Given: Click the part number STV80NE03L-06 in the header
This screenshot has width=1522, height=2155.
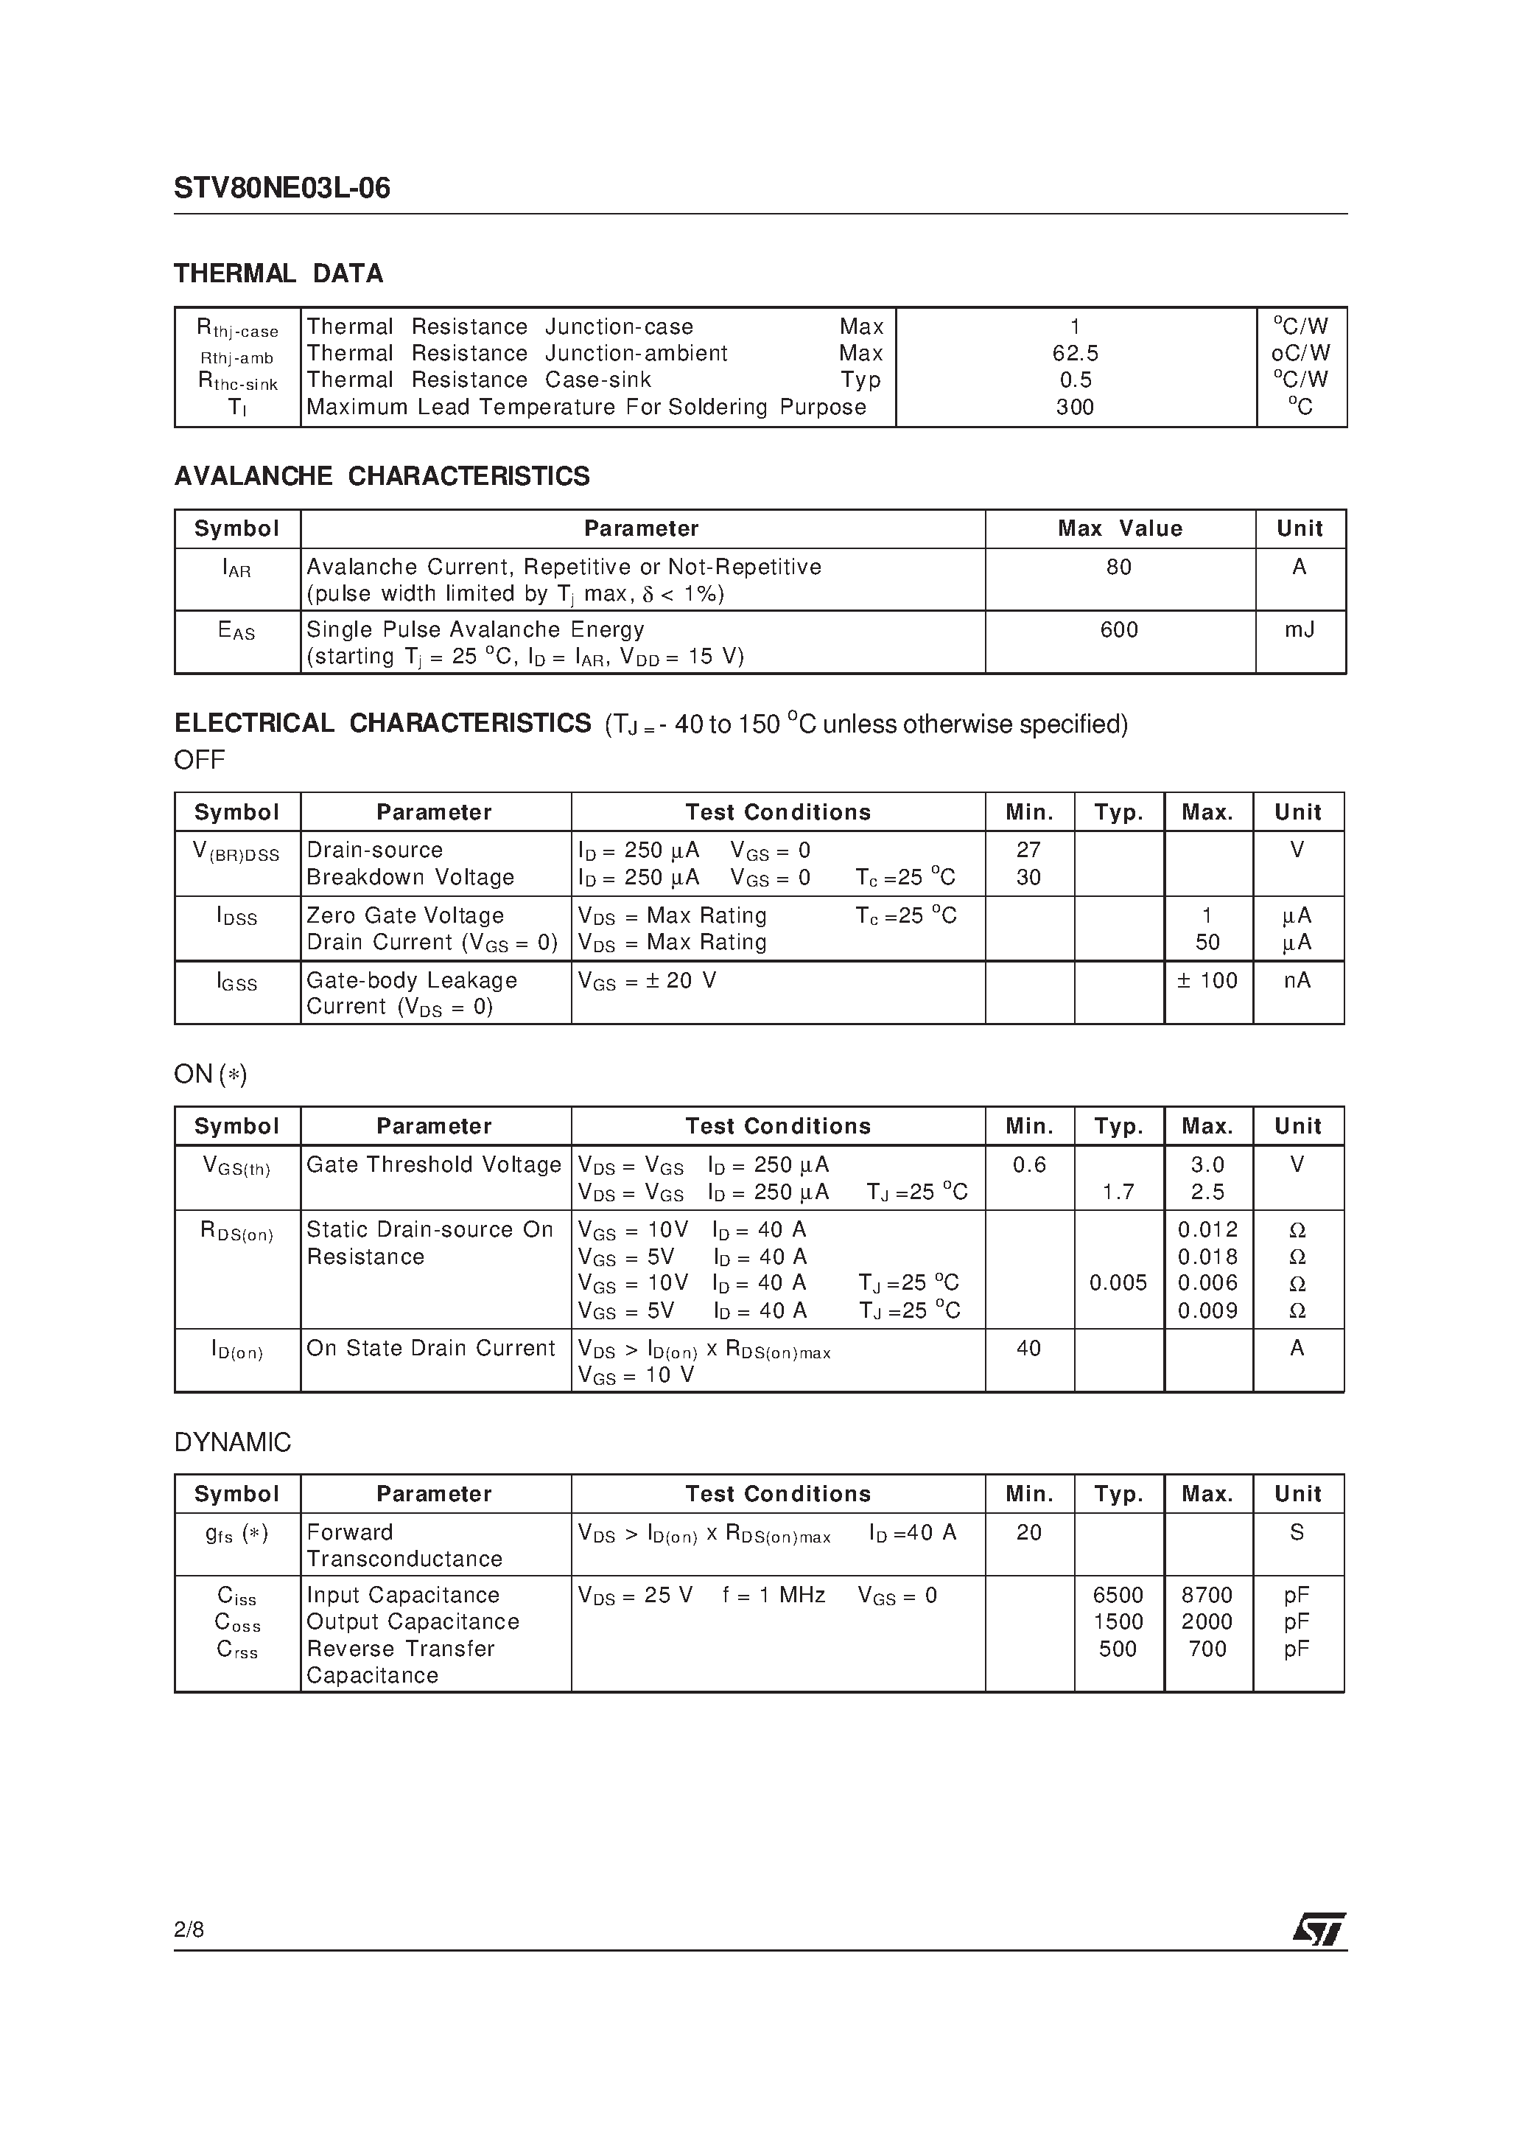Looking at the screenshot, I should coord(281,189).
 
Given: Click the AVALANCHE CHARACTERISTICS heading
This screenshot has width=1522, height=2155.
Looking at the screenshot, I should coord(382,477).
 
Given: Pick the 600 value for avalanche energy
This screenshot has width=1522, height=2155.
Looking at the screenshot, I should coord(1118,630).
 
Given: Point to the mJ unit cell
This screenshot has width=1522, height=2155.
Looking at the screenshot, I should coord(1299,630).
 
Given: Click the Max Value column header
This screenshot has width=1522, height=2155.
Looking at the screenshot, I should coord(1120,529).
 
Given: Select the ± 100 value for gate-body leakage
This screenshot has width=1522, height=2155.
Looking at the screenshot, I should coord(1207,981).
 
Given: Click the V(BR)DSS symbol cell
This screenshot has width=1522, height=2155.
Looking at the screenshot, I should coord(236,852).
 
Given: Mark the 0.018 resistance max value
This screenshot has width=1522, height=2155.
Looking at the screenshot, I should coord(1207,1257).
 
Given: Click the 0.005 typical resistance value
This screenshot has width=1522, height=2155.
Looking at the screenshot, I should coord(1118,1283).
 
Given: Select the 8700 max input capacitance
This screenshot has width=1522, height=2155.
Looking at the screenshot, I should coord(1207,1596).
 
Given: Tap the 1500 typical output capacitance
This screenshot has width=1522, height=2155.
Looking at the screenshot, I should coord(1118,1622).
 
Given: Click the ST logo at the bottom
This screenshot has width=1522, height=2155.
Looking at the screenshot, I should coord(1319,1929).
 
